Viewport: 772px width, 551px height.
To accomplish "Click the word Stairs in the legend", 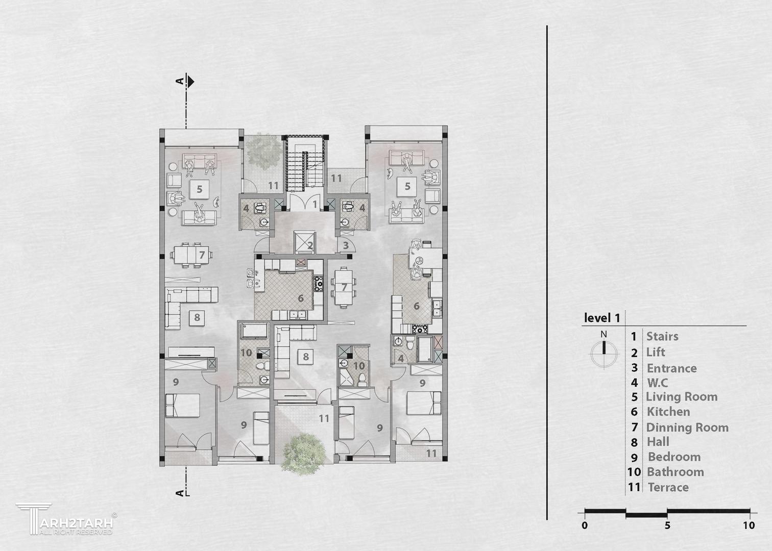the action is coord(662,336).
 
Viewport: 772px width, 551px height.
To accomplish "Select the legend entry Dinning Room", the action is coord(687,428).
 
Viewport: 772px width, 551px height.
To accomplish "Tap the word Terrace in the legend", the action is coord(668,487).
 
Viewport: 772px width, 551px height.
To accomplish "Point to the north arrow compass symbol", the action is coord(604,351).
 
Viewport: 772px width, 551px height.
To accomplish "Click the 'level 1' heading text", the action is coord(602,318).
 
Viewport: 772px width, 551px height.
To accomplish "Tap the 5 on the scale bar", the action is coord(667,525).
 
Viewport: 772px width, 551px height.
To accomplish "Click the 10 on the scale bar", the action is coord(749,525).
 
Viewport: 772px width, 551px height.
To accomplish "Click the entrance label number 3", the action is coord(346,245).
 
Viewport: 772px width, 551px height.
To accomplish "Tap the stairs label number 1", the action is coord(315,205).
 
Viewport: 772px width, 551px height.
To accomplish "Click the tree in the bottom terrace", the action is coord(303,454).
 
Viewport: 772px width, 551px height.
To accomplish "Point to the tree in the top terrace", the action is coord(264,152).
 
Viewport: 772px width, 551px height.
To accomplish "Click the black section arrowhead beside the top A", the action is coord(191,82).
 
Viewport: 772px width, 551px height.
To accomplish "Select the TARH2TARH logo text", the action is coord(77,523).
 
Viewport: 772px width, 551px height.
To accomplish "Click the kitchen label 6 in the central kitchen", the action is coord(301,298).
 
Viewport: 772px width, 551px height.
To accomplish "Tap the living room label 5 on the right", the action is coord(407,186).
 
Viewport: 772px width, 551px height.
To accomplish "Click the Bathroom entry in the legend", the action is coord(675,472).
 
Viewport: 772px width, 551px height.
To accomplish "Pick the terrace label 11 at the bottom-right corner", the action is coord(431,453).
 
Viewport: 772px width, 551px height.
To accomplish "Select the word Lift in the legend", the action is coord(656,352).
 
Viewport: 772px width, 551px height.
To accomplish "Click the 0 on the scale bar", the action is coord(585,525).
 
